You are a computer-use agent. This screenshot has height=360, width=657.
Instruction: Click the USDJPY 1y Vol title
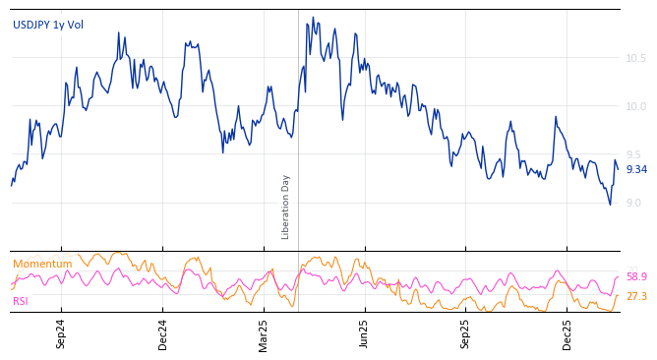click(48, 25)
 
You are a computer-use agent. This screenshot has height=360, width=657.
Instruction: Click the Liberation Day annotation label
click(286, 207)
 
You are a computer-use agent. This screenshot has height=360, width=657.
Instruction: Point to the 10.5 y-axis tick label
click(636, 58)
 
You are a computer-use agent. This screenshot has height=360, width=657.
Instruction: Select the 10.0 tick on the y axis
click(636, 106)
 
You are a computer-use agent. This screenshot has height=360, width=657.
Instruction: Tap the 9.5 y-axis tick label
click(636, 154)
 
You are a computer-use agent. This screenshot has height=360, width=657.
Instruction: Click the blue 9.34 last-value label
click(636, 170)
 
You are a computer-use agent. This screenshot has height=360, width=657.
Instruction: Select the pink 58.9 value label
click(636, 277)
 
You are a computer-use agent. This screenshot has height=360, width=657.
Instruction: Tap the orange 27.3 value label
click(636, 296)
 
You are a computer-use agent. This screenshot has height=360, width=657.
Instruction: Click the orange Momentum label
click(42, 264)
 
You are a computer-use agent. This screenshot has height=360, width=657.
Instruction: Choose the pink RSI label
click(21, 301)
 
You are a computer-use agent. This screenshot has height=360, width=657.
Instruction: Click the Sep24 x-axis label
click(61, 333)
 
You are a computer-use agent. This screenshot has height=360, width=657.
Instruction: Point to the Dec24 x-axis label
click(163, 333)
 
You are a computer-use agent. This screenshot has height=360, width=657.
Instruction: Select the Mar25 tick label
click(264, 333)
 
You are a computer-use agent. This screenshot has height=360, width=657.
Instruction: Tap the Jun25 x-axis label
click(364, 333)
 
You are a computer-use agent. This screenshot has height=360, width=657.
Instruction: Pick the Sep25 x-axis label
click(466, 333)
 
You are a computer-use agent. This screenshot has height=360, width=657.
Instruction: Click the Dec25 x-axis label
click(567, 333)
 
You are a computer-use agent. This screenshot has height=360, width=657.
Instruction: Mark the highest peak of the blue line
click(313, 17)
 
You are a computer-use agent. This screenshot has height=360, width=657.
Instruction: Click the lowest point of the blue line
click(610, 205)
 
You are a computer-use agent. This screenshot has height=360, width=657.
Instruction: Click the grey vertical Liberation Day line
click(298, 128)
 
